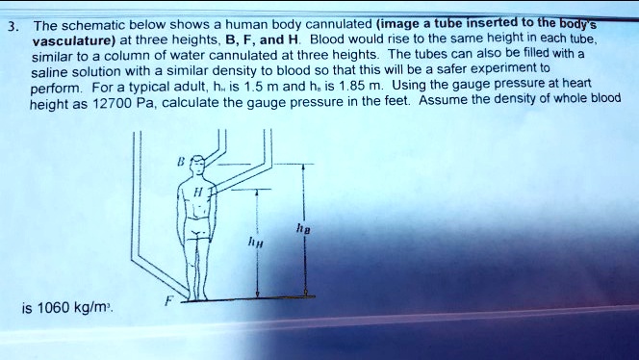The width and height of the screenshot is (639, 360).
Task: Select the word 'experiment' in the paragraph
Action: coord(509,69)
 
